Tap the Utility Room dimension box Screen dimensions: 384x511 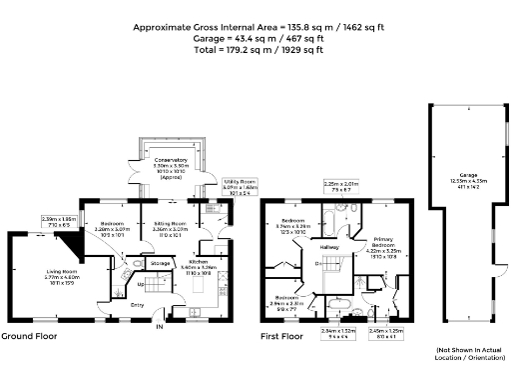216,186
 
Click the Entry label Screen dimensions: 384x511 137,304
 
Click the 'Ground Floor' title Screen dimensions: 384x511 29,337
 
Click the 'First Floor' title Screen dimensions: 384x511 282,337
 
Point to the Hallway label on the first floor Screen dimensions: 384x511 328,247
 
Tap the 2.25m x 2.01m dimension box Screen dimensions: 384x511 341,187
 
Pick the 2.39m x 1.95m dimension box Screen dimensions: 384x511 58,222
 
